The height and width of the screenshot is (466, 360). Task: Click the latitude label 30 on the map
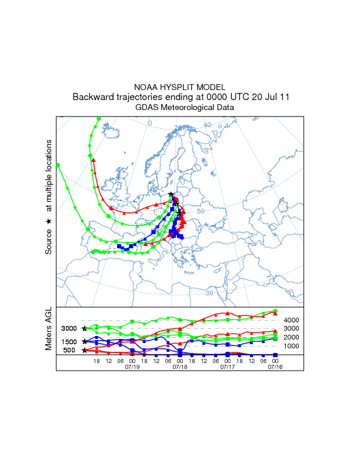[209, 293]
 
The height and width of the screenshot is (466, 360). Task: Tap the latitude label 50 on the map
[200, 211]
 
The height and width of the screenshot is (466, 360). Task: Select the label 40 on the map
[208, 125]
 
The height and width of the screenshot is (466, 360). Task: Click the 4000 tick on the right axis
[292, 320]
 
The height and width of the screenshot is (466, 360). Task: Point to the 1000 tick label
[292, 346]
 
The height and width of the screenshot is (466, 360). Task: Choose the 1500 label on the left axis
[69, 342]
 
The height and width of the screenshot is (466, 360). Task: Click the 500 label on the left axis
[69, 351]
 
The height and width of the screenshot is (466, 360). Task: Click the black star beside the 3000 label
[84, 328]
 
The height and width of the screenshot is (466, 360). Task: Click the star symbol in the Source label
[49, 221]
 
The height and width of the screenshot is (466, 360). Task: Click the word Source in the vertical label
[49, 242]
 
